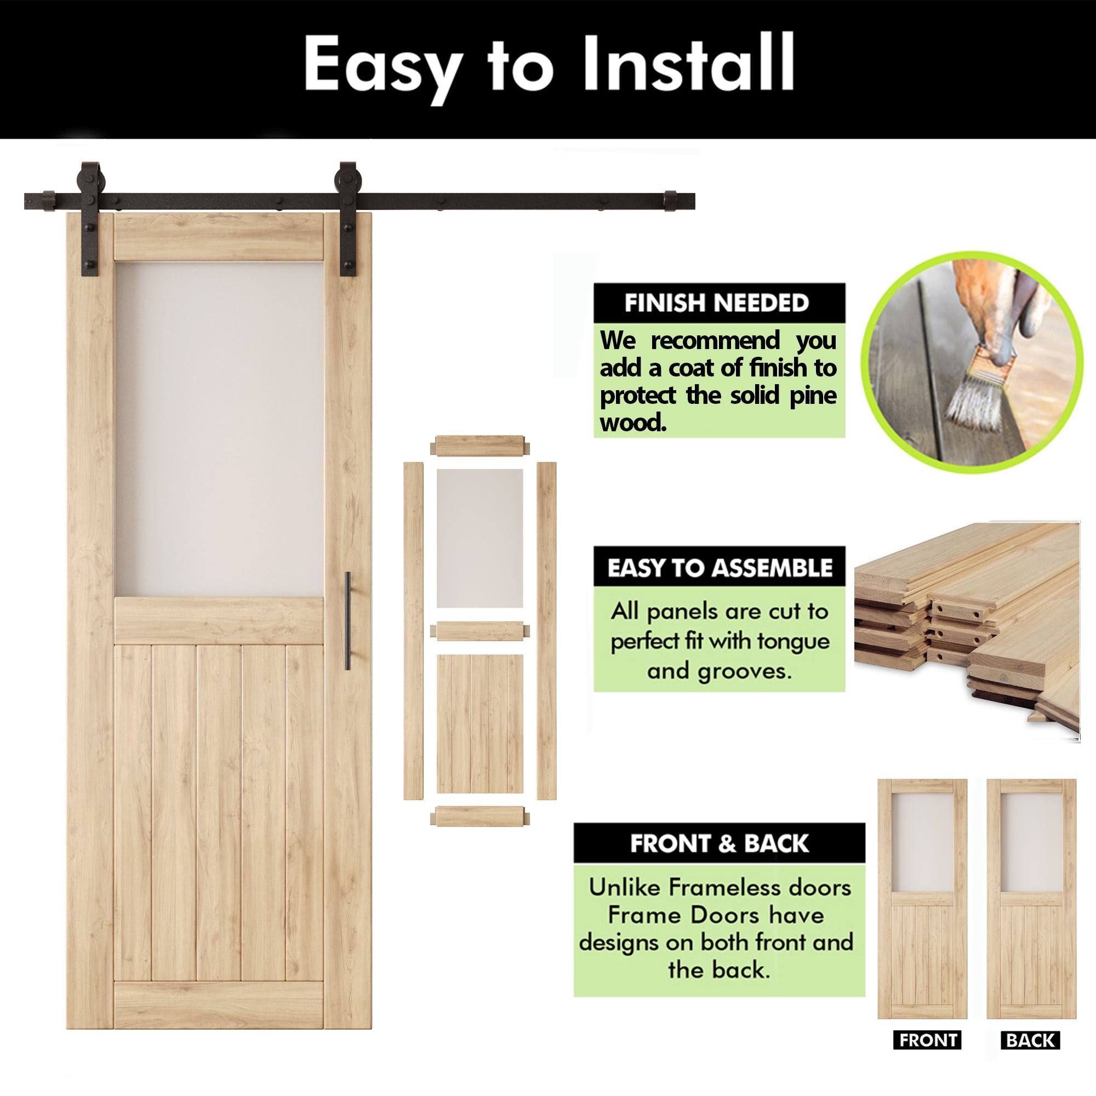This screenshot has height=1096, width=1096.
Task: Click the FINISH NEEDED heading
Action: (x=716, y=303)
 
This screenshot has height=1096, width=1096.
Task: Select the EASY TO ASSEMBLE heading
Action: (x=720, y=567)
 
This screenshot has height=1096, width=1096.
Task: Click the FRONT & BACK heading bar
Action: (x=719, y=843)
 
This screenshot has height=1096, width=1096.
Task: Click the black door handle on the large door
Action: (x=348, y=621)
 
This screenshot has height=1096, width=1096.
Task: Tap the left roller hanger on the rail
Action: (x=90, y=218)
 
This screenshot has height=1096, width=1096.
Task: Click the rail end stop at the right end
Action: (x=670, y=201)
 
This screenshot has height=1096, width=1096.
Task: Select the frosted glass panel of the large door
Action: (x=219, y=429)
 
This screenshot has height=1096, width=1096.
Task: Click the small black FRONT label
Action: (x=928, y=1040)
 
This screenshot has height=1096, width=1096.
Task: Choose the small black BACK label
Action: (x=1030, y=1040)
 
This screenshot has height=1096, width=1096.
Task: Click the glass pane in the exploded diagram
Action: (x=480, y=538)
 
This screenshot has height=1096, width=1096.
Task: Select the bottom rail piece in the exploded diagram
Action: (x=480, y=817)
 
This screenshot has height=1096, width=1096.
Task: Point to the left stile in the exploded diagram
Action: (x=413, y=630)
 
